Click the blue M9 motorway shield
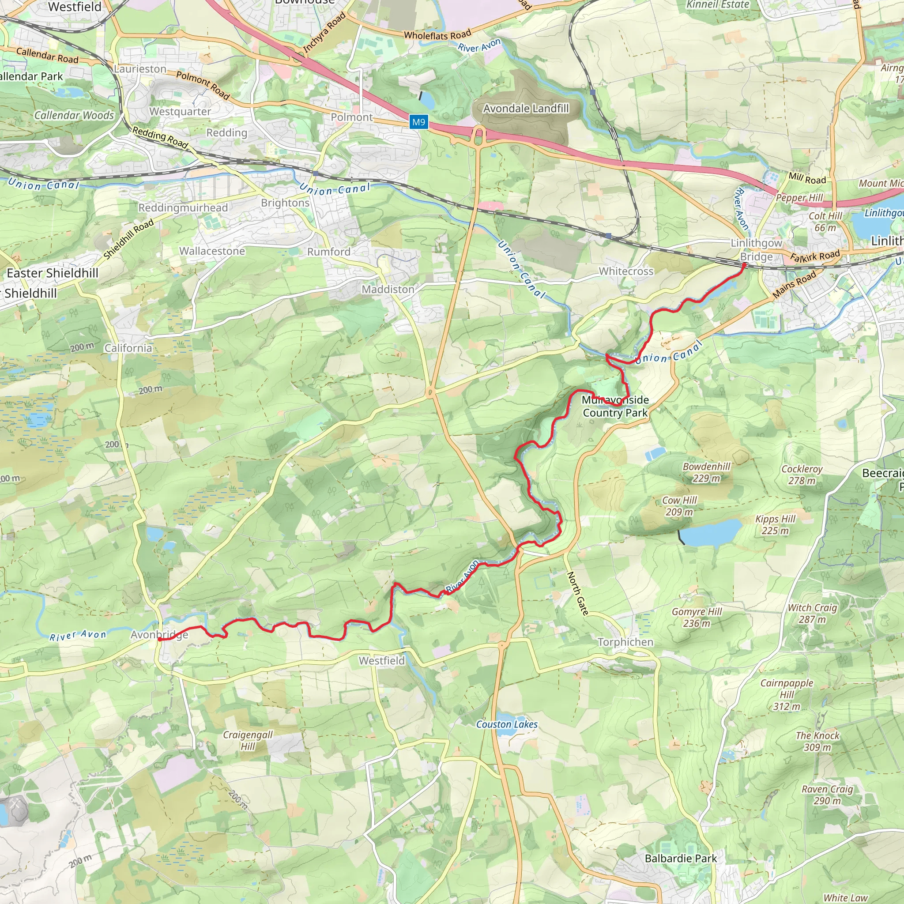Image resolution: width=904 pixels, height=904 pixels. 418,122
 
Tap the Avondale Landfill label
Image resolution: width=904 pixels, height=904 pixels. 526,109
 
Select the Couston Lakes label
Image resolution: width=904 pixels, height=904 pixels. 507,724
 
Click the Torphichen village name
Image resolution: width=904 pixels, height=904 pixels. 625,642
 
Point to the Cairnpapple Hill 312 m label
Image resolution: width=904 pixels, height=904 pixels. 787,694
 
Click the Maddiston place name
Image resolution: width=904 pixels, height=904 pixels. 388,290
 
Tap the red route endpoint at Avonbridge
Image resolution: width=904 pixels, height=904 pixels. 159,640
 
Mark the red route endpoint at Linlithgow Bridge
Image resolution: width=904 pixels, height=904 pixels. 743,265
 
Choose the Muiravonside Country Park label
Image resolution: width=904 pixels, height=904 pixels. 615,406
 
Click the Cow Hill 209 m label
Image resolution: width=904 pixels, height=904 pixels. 679,506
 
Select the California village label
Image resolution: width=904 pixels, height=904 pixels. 128,348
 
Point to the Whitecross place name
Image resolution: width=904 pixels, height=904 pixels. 626,271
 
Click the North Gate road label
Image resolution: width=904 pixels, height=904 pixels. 578,593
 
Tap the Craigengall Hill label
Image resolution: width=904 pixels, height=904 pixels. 248,740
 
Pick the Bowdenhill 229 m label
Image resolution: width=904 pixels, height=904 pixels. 706,472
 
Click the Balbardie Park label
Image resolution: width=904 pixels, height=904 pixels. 681,859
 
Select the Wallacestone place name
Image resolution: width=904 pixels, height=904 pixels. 212,251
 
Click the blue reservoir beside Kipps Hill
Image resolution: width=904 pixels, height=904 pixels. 710,532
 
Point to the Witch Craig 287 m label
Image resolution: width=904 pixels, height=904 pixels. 812,613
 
